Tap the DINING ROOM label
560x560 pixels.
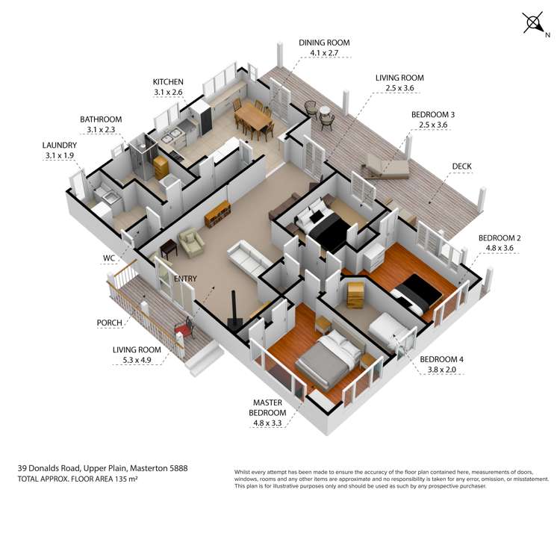point(323,43)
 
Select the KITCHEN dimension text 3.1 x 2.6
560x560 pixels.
point(168,92)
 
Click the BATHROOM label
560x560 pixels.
point(100,119)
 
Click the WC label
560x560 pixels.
point(110,258)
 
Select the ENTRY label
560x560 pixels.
point(185,279)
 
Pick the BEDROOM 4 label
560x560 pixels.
point(441,359)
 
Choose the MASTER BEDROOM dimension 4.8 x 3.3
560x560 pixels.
point(269,424)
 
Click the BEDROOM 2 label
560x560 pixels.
point(500,238)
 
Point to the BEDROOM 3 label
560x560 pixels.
point(433,114)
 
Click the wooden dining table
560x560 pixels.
point(252,119)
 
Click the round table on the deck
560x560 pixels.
point(325,113)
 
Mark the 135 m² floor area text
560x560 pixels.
point(122,478)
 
